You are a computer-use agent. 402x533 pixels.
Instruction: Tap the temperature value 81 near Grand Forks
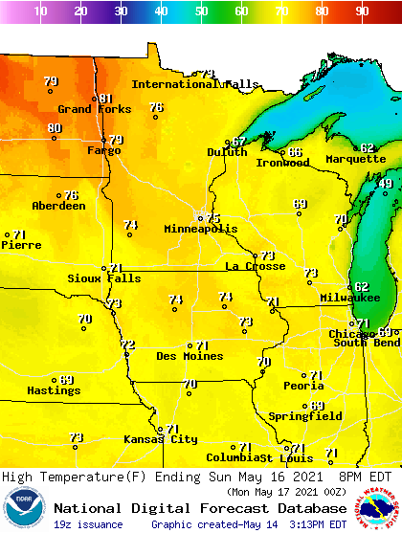pos(105,98)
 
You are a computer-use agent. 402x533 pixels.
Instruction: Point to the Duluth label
pos(227,152)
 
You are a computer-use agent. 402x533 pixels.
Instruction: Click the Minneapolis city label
pos(200,230)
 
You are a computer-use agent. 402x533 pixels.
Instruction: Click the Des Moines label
pos(190,356)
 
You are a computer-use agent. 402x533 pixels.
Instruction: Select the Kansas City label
pos(160,439)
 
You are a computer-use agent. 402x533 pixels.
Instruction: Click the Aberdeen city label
pos(58,206)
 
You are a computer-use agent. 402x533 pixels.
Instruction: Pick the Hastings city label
pos(53,390)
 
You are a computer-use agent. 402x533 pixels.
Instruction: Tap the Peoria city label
pos(303,386)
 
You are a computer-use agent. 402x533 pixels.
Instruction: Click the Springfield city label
pos(305,416)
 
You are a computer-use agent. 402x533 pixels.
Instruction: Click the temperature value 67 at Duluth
pos(239,142)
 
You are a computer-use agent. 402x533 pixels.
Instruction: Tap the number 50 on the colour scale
pos(201,11)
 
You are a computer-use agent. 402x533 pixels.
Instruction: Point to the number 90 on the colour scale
pos(362,11)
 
